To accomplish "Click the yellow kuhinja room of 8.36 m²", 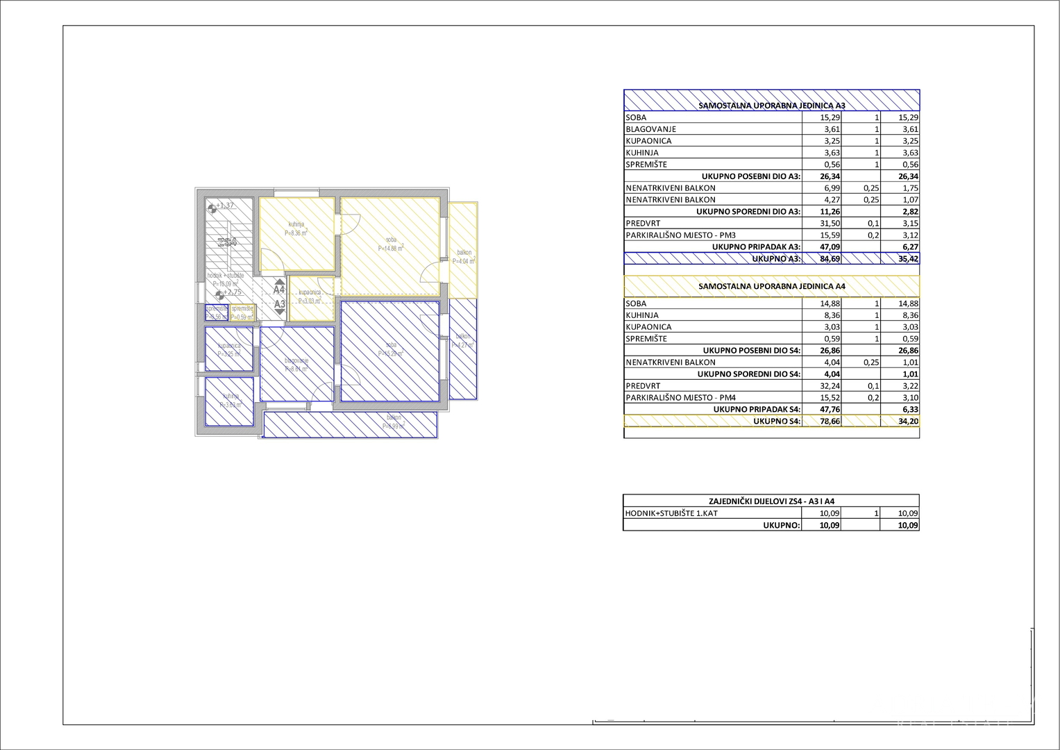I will (296, 234).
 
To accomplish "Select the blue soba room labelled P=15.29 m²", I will (390, 351).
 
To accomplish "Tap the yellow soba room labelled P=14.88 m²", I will (390, 247).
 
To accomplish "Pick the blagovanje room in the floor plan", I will (296, 364).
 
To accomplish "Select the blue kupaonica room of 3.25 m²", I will (229, 349).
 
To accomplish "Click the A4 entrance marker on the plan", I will (279, 290).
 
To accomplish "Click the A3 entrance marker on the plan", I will (279, 304).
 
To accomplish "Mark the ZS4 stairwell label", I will (227, 242).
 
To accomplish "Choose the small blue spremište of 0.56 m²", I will (216, 312).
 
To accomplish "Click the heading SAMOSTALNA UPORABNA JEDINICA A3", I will (771, 106).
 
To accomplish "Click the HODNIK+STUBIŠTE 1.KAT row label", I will (671, 514).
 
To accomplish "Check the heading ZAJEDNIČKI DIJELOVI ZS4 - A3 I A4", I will (771, 501).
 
